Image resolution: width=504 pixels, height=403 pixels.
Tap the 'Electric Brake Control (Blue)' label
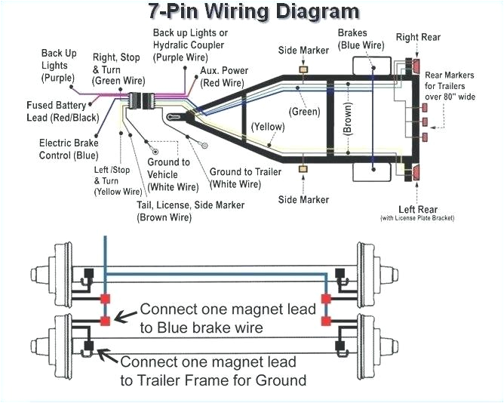tap(69, 149)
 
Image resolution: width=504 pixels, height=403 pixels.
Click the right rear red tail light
tap(416, 65)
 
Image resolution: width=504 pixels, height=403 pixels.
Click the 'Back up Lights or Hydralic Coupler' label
tap(190, 45)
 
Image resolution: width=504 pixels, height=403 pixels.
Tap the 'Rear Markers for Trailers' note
tap(450, 85)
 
